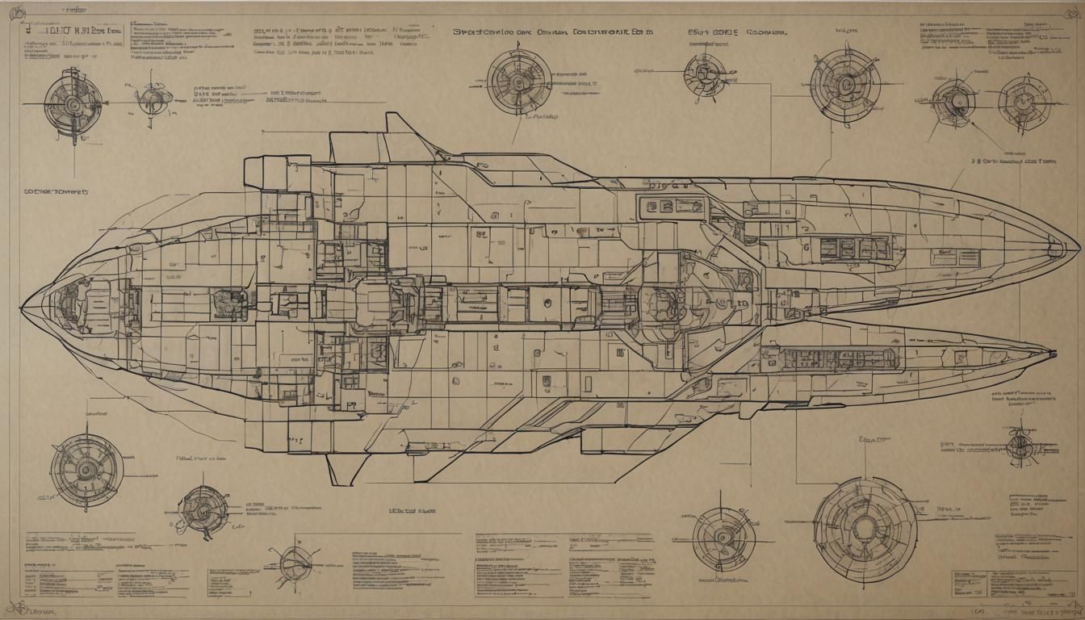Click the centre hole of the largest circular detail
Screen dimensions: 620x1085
click(x=865, y=528)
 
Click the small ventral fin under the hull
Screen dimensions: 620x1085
click(x=337, y=466)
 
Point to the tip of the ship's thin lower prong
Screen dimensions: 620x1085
click(x=1053, y=353)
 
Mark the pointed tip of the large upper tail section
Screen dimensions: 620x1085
click(x=1075, y=247)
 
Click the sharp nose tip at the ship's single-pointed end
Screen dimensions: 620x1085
click(x=23, y=308)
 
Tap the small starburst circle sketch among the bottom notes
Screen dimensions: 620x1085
click(x=295, y=559)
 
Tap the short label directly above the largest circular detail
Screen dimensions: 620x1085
click(x=872, y=441)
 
